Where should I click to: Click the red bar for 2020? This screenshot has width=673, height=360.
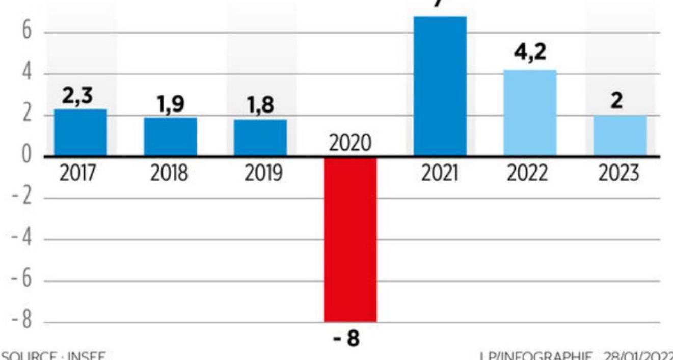(351, 239)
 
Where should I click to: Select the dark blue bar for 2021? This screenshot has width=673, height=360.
(440, 86)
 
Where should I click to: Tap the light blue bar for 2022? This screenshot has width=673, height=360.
(530, 113)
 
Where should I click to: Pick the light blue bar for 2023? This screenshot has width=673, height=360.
(620, 135)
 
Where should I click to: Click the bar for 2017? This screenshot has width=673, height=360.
(80, 132)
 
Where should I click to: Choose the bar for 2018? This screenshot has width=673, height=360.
(170, 136)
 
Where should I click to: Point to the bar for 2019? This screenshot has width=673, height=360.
(260, 137)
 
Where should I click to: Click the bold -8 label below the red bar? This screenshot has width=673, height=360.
(346, 339)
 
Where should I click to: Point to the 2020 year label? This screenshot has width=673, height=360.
(350, 144)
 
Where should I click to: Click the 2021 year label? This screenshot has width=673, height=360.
(440, 174)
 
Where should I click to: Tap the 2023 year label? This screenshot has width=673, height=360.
(620, 174)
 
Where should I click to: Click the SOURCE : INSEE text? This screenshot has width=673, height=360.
(53, 355)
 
